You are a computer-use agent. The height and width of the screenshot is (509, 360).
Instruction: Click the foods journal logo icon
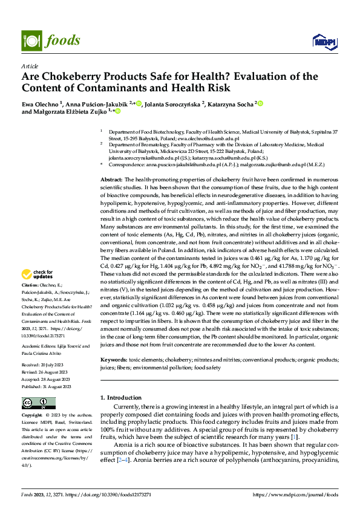point(29,41)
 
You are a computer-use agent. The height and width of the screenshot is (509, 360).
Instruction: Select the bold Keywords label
point(113,360)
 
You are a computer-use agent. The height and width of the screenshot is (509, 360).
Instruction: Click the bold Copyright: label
point(32,416)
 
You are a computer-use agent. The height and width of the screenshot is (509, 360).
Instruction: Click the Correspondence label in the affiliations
point(128,164)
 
